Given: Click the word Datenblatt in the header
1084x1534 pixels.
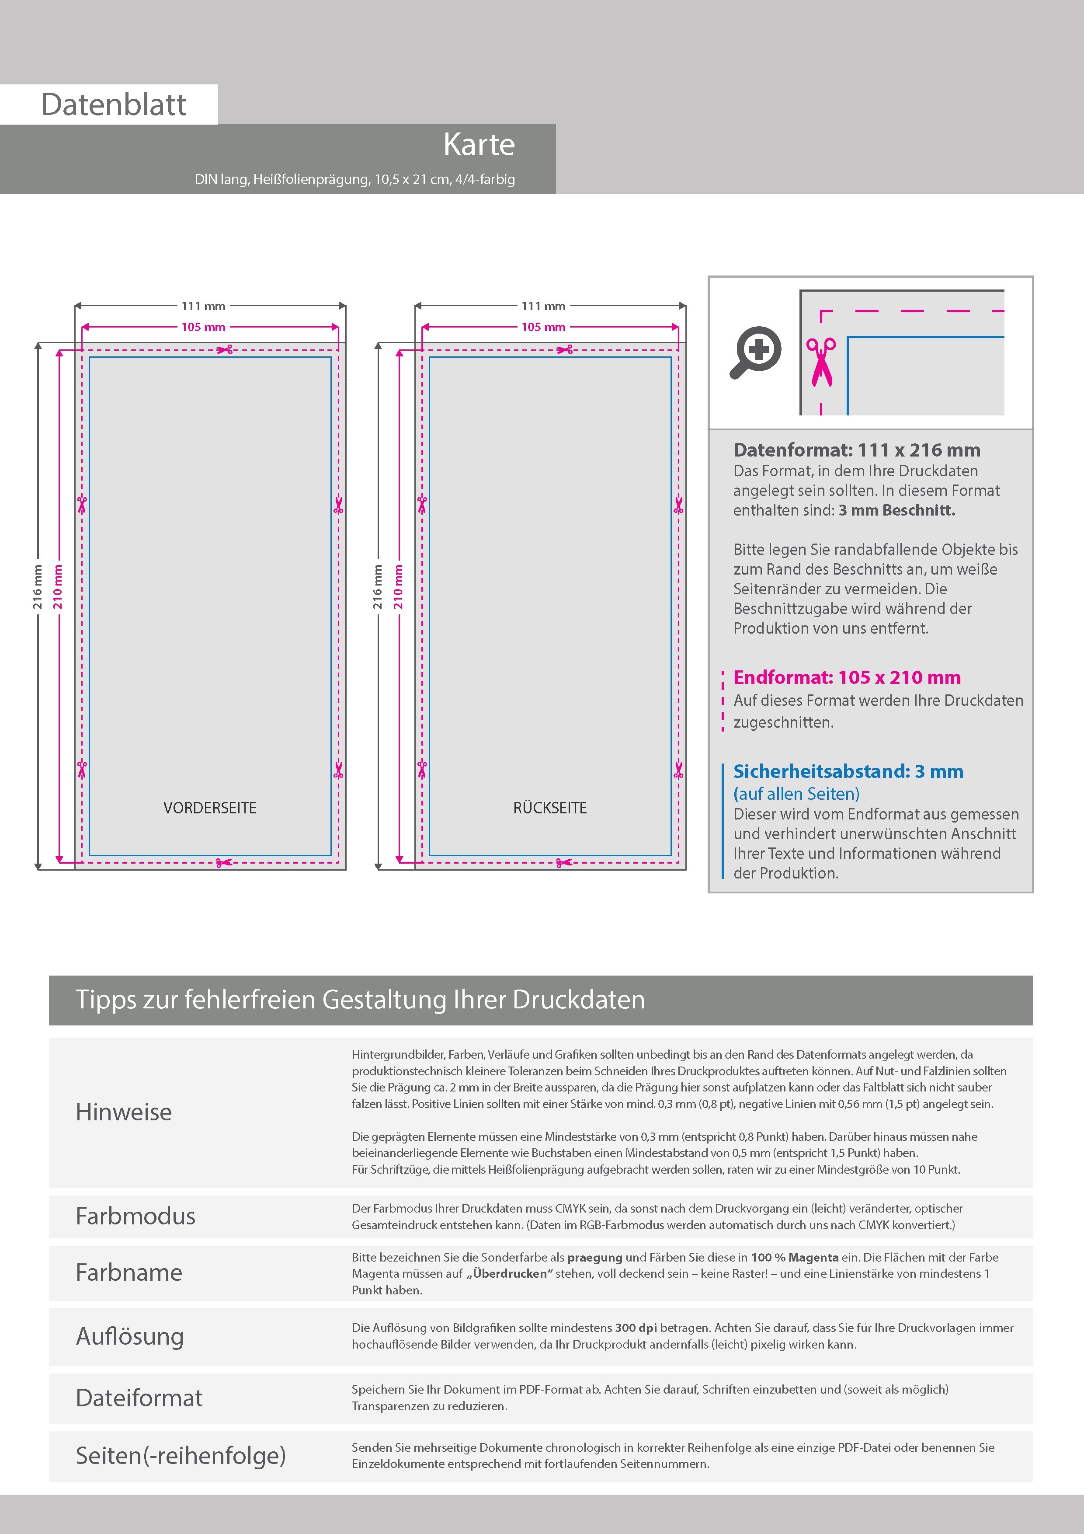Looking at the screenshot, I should point(114,105).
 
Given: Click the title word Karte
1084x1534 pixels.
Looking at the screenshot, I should point(479,144).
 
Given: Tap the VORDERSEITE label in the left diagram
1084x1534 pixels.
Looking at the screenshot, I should point(210,808).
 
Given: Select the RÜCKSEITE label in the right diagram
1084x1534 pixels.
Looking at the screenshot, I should point(550,808).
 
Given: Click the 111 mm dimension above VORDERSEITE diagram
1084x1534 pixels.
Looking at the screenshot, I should point(203,306).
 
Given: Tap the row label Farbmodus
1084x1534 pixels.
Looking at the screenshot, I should point(135,1216).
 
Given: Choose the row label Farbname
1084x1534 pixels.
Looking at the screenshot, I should point(129,1272).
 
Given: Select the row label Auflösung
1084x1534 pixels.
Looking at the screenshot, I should point(129,1336).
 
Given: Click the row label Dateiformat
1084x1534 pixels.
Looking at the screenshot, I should point(139,1398).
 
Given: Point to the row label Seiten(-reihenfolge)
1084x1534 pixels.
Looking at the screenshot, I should point(181,1455).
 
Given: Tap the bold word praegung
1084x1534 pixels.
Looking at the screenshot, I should point(594,1257).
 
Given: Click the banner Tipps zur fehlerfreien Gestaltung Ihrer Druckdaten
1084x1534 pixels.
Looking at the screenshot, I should point(360,1000).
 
